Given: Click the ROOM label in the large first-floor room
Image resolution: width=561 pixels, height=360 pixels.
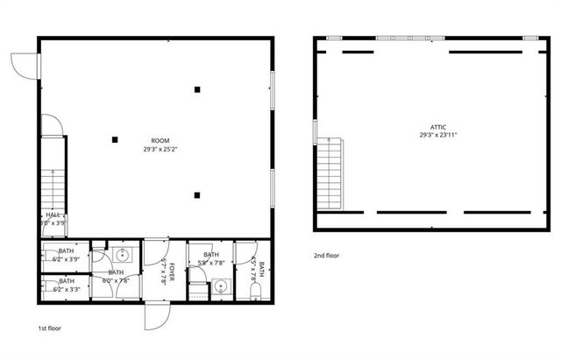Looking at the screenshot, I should pos(160,140).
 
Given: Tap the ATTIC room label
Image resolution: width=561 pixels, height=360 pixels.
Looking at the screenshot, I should pos(438,126).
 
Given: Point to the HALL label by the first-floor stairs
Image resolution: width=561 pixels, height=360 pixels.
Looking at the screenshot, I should pos(53,215).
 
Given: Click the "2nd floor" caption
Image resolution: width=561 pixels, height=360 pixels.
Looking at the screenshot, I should pos(326,256).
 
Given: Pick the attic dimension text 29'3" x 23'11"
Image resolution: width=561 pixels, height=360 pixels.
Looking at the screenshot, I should pos(438,135).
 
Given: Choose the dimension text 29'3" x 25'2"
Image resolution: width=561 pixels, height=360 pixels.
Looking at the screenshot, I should pos(160,149).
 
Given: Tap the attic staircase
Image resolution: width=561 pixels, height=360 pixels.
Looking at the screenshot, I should pos(329,173).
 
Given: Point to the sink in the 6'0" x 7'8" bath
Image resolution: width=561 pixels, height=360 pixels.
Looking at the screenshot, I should pos(124,255).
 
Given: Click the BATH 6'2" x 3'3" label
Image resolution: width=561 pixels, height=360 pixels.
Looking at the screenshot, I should pos(67,285).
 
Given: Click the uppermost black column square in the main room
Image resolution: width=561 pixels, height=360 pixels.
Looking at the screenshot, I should pos(198,88).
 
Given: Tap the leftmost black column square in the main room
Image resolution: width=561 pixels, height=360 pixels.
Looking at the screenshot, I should pos(115,138).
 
